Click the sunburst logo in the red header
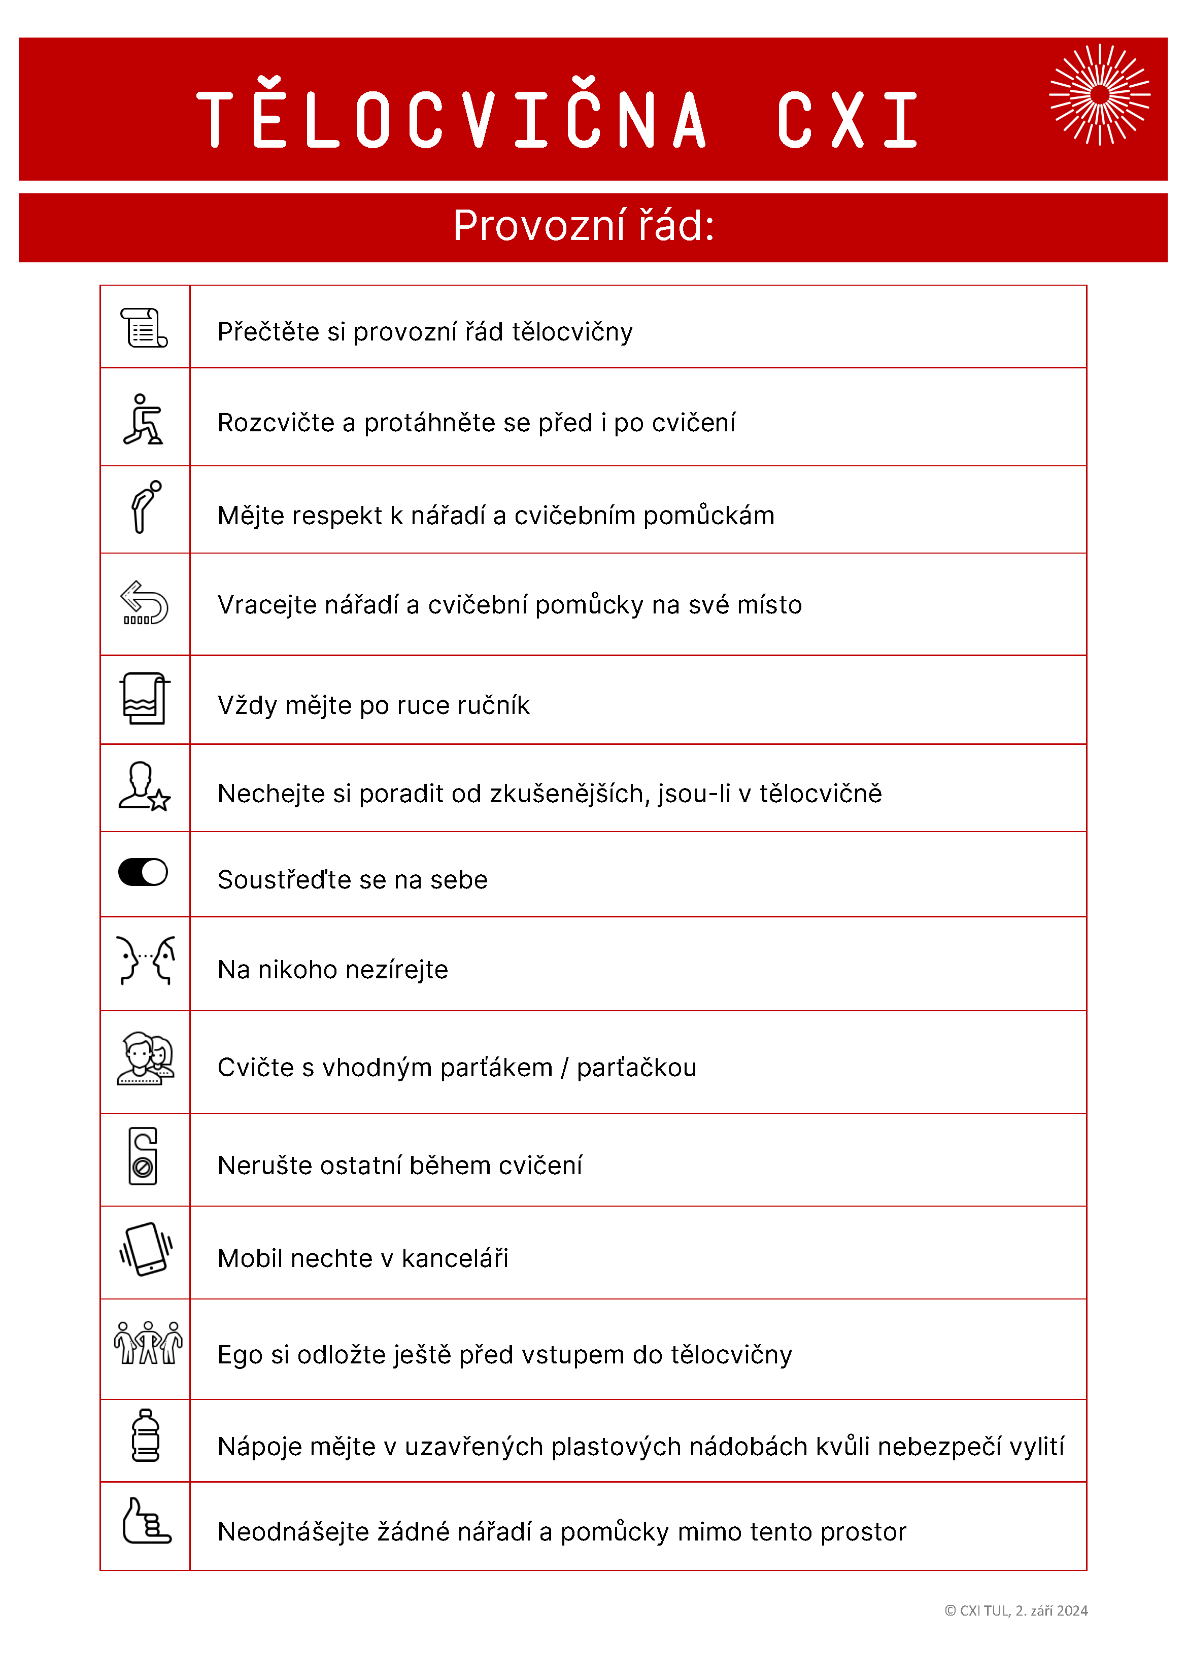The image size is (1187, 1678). coord(1099,95)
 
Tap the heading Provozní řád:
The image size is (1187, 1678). coord(583,225)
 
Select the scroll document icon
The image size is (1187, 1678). coord(144,327)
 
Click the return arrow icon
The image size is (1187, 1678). coord(144,603)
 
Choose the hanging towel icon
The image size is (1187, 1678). coord(144,698)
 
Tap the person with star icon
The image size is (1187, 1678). coord(144,786)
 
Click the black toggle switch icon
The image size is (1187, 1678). coord(143,872)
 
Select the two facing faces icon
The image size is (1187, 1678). coord(146,961)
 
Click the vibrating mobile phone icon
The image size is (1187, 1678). coord(146,1249)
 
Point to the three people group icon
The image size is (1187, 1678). coord(148,1343)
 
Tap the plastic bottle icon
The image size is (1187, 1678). coord(146,1435)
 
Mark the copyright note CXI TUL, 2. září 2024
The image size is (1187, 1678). coord(1016,1611)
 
